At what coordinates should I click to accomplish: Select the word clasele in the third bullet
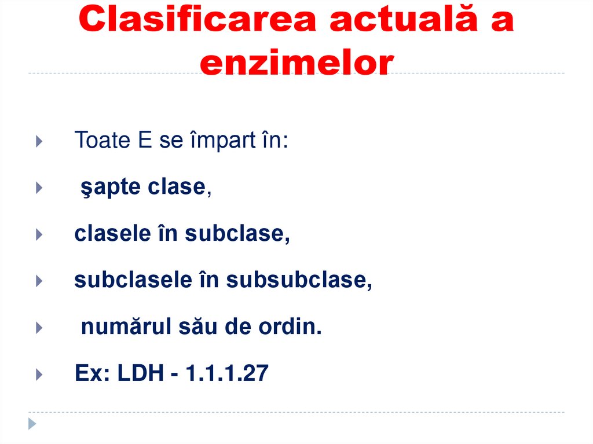click(x=110, y=234)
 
